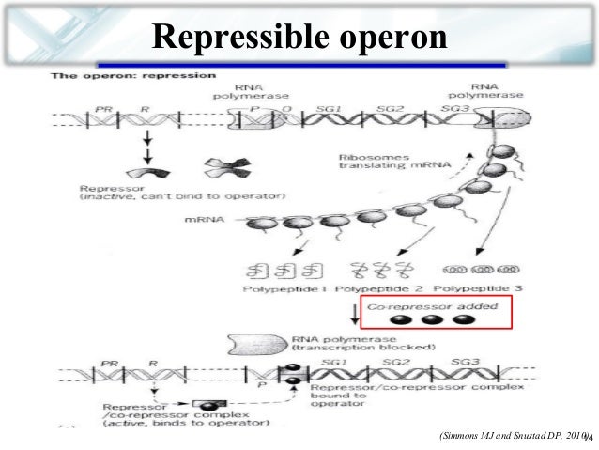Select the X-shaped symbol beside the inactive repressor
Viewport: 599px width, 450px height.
224,172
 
